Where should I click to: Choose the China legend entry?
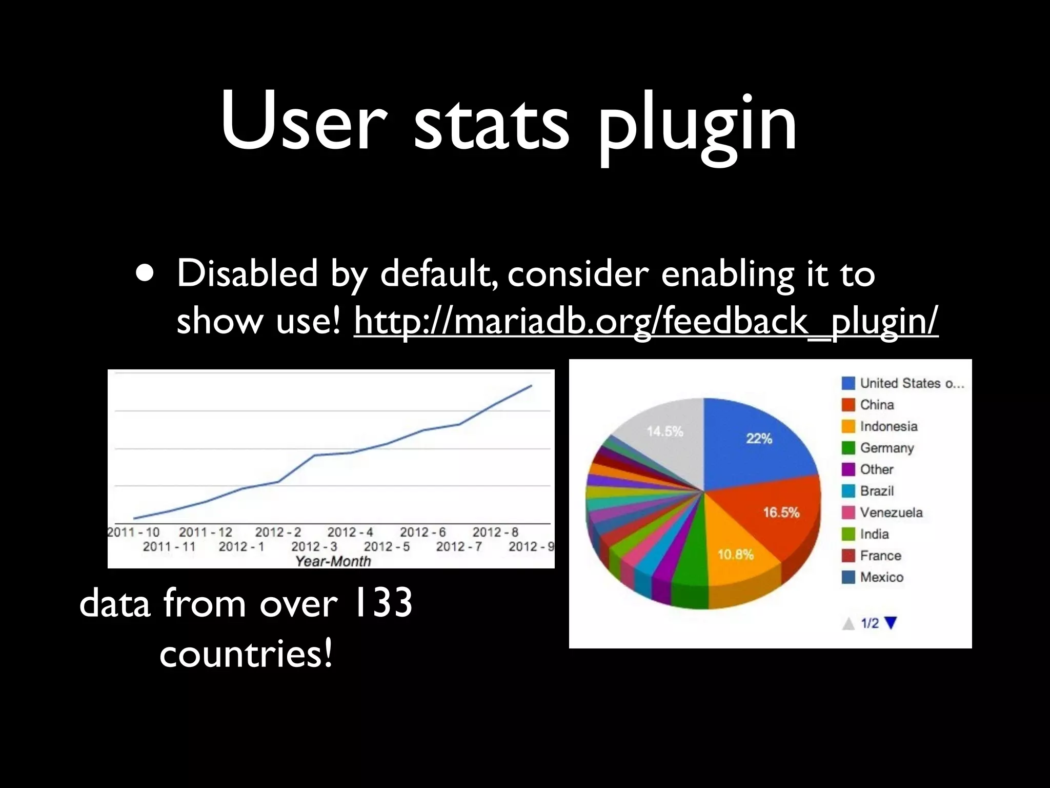(x=877, y=405)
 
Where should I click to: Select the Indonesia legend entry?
(x=889, y=426)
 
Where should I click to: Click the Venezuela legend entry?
(x=891, y=513)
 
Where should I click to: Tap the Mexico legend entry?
(x=882, y=577)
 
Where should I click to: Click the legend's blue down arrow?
(x=891, y=623)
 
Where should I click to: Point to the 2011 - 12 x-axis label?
(x=205, y=533)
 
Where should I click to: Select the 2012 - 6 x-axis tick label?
(x=423, y=533)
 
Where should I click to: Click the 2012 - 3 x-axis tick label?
(x=314, y=547)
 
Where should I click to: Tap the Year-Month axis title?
(x=333, y=561)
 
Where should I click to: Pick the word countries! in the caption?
(x=246, y=654)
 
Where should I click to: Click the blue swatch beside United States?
(x=849, y=383)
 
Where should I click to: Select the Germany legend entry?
(x=887, y=448)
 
